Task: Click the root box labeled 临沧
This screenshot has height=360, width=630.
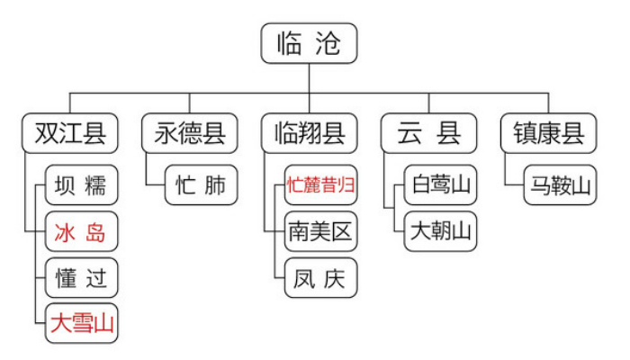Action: pos(309,43)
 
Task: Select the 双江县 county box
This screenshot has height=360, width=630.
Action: pos(70,133)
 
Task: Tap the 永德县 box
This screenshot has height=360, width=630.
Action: pos(190,133)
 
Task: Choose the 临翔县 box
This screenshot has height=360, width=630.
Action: pos(309,133)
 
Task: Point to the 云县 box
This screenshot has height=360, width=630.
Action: pos(428,133)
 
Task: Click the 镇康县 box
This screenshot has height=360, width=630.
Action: pos(548,133)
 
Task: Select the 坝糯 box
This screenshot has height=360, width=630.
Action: pos(82,184)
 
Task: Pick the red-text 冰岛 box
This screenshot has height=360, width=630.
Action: pos(82,231)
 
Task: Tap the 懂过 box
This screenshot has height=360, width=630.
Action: pos(82,277)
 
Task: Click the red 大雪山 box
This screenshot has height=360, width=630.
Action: pos(82,323)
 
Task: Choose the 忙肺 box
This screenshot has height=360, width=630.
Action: pos(202,184)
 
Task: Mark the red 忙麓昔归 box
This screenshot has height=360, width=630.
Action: pos(320,184)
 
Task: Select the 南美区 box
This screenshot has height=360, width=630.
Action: pos(320,231)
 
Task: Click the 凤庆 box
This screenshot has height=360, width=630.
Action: pos(320,277)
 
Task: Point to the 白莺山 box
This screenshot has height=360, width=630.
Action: pos(440,184)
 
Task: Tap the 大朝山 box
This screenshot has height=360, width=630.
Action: pos(440,231)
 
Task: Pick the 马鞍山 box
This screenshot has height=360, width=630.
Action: pos(560,184)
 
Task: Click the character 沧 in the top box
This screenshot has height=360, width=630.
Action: pos(328,43)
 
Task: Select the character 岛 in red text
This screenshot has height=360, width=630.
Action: pos(95,232)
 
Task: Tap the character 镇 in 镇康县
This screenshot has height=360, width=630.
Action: pos(525,133)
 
